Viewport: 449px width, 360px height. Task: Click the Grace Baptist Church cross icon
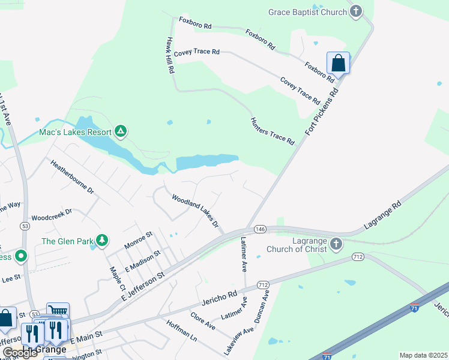coord(357,11)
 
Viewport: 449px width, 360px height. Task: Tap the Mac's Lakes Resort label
coord(76,132)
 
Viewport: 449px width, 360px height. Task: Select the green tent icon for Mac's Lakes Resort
coord(121,131)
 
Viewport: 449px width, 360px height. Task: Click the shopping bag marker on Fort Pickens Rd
coord(339,63)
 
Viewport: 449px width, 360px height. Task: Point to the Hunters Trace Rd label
coord(273,131)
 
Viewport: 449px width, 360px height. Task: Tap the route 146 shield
coord(260,229)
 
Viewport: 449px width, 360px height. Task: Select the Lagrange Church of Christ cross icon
coord(336,244)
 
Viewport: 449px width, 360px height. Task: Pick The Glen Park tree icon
coord(103,241)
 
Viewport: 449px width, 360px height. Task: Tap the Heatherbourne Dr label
coord(72,177)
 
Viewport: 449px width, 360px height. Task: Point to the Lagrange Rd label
coord(382,217)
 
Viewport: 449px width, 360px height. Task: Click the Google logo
coord(20,353)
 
